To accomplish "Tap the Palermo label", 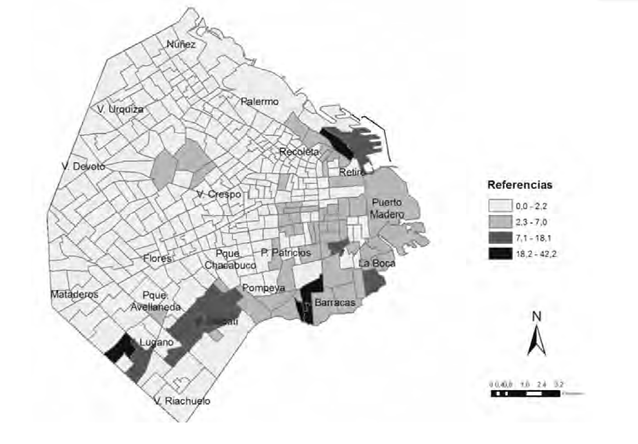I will [260, 101].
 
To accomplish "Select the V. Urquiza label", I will [120, 109].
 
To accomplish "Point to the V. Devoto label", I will [84, 166].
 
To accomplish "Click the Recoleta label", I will [299, 152].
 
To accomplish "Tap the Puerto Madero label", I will [388, 209].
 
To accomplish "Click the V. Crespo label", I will [218, 194].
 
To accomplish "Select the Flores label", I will [157, 259].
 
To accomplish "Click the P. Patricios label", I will [285, 253].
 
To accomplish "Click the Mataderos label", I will [74, 294].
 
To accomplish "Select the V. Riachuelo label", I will [182, 400].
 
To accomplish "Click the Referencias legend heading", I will [519, 186].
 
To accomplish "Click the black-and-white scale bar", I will [525, 393].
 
